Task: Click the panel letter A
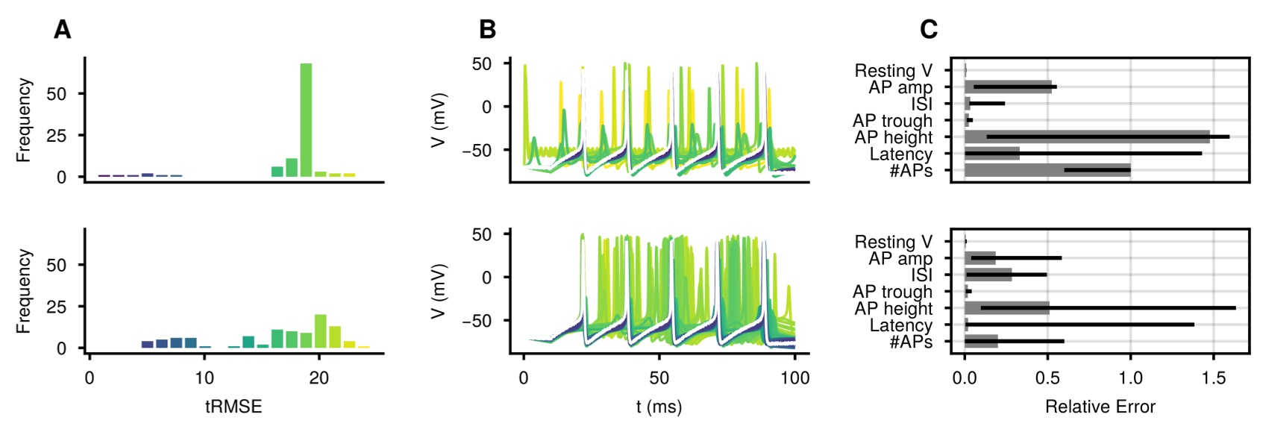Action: (x=63, y=30)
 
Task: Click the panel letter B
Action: (x=487, y=30)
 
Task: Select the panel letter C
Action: (x=928, y=30)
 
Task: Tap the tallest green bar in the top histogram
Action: (x=306, y=119)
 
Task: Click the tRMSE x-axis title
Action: (x=234, y=407)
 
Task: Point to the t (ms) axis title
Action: (x=659, y=407)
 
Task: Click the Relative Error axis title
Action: (x=1100, y=407)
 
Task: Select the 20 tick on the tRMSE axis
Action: (x=319, y=378)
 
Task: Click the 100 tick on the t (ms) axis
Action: (x=795, y=378)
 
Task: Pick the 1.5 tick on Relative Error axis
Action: (x=1213, y=378)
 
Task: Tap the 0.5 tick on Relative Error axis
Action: (x=1047, y=378)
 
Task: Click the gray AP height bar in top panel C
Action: (x=1086, y=137)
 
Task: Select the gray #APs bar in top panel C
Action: (x=1047, y=170)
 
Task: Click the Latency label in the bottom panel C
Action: (x=900, y=325)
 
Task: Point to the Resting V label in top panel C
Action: (x=893, y=71)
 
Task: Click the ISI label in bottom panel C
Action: (x=921, y=275)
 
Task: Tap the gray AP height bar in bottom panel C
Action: (x=1006, y=308)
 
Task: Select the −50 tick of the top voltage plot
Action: (x=477, y=150)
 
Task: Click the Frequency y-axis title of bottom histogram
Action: (x=25, y=291)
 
